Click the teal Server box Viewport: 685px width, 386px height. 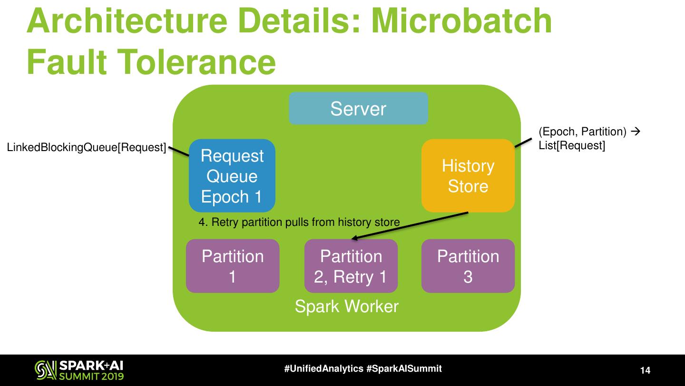pyautogui.click(x=358, y=109)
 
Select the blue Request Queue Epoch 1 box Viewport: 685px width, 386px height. pyautogui.click(x=232, y=176)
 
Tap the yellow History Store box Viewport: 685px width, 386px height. pyautogui.click(x=468, y=176)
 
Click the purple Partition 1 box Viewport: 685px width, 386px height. pyautogui.click(x=232, y=266)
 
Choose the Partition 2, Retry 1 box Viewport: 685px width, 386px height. pyautogui.click(x=351, y=266)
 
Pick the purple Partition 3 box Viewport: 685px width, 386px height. pyautogui.click(x=468, y=266)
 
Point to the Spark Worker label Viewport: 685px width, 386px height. pyautogui.click(x=346, y=306)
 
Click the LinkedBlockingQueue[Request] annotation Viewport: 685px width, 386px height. pyautogui.click(x=86, y=148)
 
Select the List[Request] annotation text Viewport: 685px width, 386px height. pyautogui.click(x=571, y=146)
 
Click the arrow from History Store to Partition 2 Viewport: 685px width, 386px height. pyautogui.click(x=409, y=226)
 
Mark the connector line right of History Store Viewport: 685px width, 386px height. pyautogui.click(x=524, y=142)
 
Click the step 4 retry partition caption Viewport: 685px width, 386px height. pyautogui.click(x=299, y=222)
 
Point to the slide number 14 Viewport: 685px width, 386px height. pyautogui.click(x=645, y=370)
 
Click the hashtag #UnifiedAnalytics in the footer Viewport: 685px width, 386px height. pyautogui.click(x=324, y=368)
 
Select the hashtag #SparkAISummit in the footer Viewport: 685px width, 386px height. pyautogui.click(x=404, y=368)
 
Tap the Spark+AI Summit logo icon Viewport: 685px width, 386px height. pyautogui.click(x=46, y=370)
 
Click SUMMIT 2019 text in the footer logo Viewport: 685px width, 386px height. pyautogui.click(x=91, y=376)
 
